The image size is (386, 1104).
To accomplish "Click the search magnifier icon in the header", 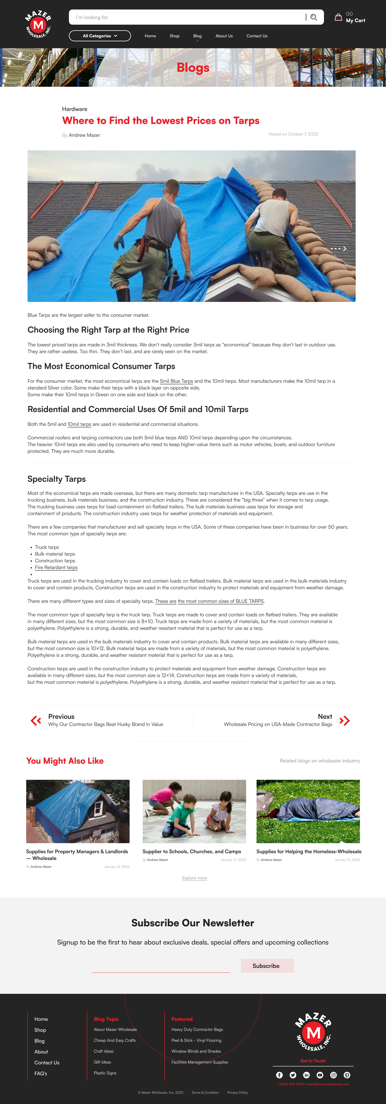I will (x=313, y=17).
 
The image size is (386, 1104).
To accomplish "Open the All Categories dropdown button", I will (x=100, y=36).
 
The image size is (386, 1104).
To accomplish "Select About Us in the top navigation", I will (x=224, y=36).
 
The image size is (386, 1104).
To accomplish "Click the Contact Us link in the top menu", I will (x=256, y=36).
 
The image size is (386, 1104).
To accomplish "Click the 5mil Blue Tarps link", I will (x=176, y=381).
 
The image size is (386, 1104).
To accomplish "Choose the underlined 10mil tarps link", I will (x=79, y=424).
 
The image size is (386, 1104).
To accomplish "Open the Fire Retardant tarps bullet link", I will (x=56, y=567).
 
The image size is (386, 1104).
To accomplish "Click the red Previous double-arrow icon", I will (x=36, y=721).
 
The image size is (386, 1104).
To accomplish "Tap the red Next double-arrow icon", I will (x=344, y=721).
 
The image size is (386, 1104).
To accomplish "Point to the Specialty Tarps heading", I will (x=57, y=479).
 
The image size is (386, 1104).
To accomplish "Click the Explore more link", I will (x=194, y=878).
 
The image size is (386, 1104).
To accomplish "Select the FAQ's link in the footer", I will (x=41, y=1074).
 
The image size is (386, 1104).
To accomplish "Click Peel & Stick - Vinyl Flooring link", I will (x=196, y=1041).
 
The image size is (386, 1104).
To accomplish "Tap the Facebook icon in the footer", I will (x=279, y=1075).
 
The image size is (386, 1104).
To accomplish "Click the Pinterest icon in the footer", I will (x=347, y=1075).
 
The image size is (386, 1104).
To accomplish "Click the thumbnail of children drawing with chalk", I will (x=194, y=811).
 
